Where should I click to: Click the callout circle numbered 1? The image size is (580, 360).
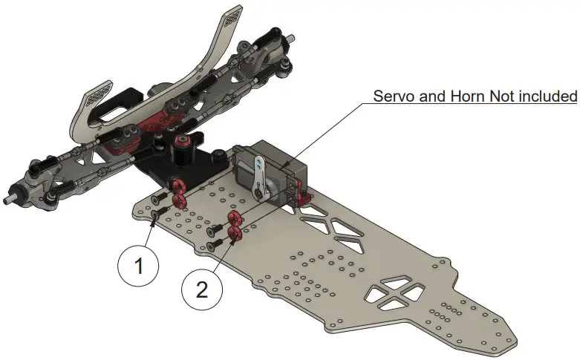(x=138, y=266)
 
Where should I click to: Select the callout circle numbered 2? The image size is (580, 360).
(x=202, y=289)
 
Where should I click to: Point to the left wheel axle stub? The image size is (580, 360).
(x=11, y=198)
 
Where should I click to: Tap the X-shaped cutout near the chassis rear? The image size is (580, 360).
(x=394, y=292)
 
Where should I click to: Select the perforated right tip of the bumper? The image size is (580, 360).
(x=232, y=17)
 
